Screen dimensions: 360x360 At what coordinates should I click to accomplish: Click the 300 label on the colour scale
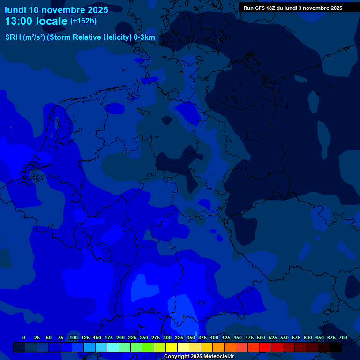pyautogui.click(x=167, y=337)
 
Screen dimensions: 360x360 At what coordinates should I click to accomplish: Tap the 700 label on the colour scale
pyautogui.click(x=343, y=337)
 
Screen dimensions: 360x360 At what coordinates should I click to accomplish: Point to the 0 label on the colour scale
pyautogui.click(x=24, y=337)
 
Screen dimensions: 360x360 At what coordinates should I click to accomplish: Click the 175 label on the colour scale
pyautogui.click(x=109, y=337)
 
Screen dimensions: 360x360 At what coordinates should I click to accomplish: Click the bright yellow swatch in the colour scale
pyautogui.click(x=172, y=347)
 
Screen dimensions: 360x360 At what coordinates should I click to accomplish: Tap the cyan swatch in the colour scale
pyautogui.click(x=113, y=347)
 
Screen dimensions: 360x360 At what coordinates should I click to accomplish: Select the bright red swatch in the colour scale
pyautogui.click(x=265, y=347)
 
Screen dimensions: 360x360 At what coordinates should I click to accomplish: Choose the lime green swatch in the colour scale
pyautogui.click(x=148, y=347)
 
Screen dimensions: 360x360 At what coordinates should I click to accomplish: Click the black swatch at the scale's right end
pyautogui.click(x=336, y=347)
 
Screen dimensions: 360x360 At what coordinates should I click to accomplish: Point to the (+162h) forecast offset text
pyautogui.click(x=83, y=21)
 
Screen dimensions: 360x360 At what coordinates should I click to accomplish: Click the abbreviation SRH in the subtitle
pyautogui.click(x=13, y=37)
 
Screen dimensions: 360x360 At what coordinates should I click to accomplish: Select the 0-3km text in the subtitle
pyautogui.click(x=144, y=37)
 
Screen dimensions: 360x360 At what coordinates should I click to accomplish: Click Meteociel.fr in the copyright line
pyautogui.click(x=216, y=357)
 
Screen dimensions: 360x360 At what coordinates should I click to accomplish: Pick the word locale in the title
pyautogui.click(x=51, y=21)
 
